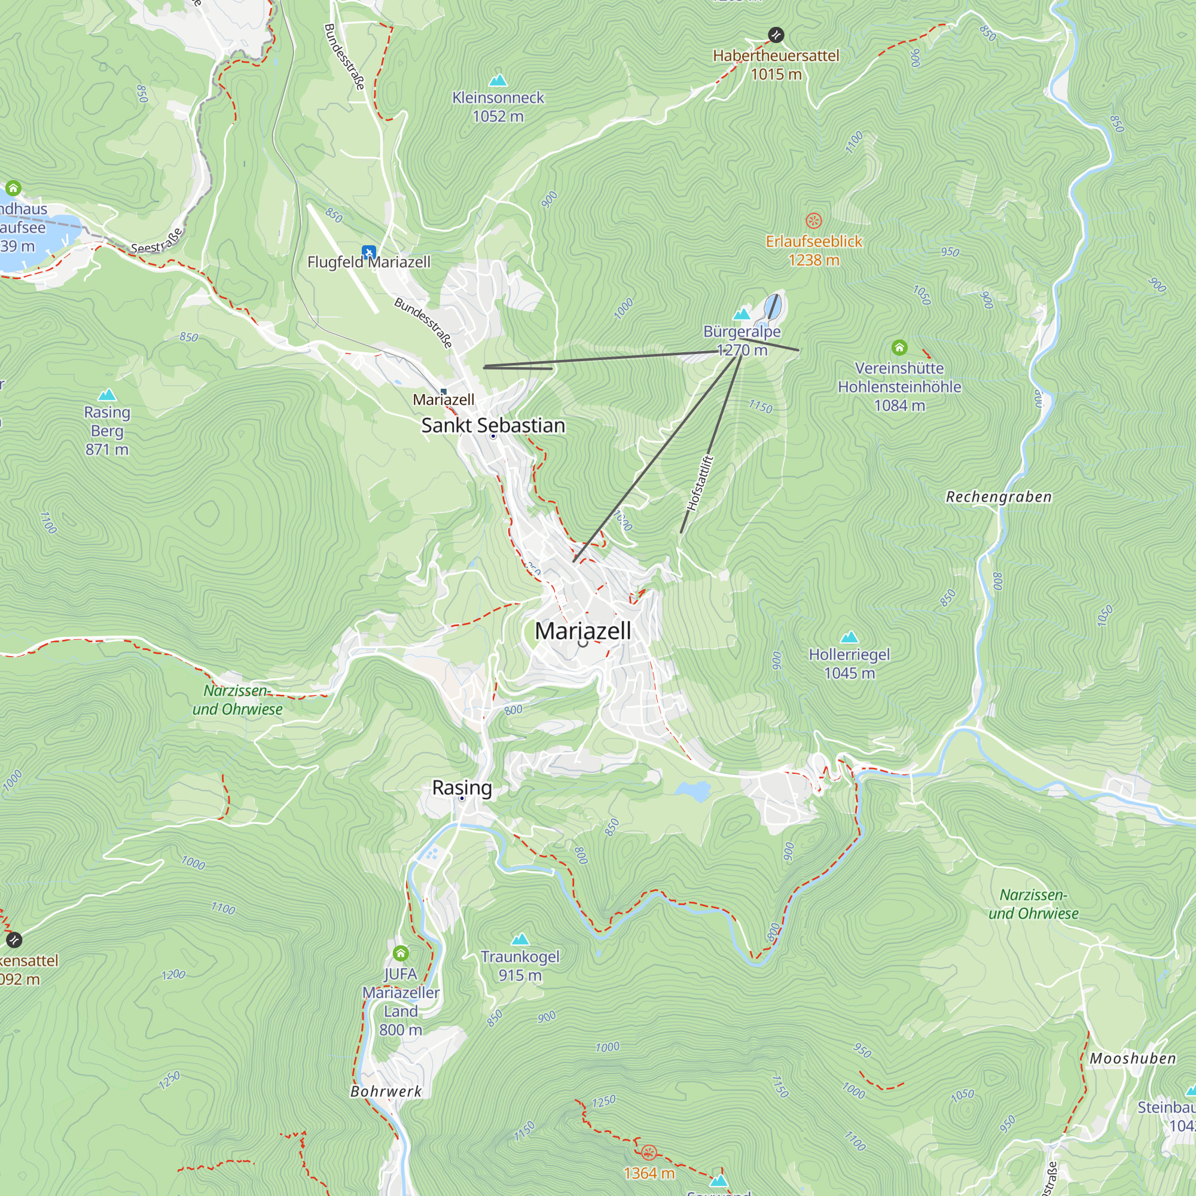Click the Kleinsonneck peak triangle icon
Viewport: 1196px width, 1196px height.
point(498,81)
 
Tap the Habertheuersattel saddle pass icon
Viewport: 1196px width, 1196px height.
point(776,35)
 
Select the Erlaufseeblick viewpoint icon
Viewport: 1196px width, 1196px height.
point(813,221)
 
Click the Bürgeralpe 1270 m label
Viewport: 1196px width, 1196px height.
point(742,340)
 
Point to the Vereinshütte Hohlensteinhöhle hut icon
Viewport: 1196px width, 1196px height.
point(899,347)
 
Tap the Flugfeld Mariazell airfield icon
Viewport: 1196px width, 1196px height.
point(369,252)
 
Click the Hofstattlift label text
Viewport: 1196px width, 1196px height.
point(700,483)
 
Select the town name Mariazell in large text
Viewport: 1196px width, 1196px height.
point(582,631)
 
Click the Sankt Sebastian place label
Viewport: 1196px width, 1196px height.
point(493,425)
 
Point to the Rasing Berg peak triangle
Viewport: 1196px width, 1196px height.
point(107,395)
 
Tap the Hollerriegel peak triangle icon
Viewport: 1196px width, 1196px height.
point(849,637)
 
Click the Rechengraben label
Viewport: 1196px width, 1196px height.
point(998,497)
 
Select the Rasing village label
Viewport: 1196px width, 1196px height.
point(462,788)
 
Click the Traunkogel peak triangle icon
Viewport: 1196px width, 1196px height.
point(520,939)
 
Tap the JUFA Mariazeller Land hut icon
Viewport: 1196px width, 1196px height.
point(401,953)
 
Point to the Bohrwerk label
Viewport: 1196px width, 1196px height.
point(386,1091)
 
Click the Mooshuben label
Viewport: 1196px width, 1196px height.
point(1132,1058)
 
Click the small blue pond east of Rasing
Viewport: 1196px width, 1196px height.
point(692,791)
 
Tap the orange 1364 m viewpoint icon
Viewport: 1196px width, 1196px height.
point(648,1152)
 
